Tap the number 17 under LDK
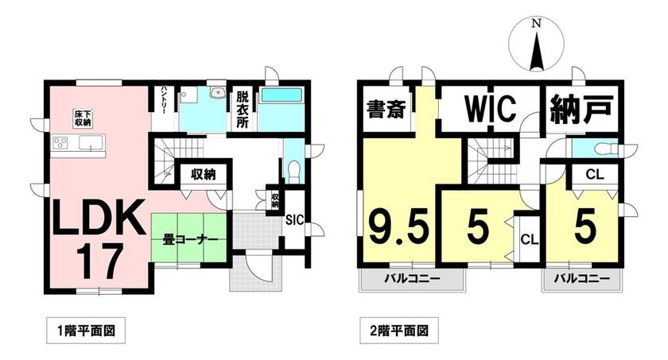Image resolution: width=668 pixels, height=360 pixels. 98,261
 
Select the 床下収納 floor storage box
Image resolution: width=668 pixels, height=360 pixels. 83,118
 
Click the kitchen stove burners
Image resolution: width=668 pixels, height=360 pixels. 60,142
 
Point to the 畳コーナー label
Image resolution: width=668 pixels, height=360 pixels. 190,239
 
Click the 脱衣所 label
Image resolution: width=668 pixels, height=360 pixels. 242,110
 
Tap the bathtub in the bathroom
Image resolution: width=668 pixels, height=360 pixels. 282,95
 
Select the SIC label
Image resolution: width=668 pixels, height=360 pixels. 294,220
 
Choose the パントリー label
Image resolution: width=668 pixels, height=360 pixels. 164,100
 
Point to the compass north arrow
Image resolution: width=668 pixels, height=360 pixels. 538,51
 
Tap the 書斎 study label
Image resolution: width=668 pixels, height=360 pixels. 386,110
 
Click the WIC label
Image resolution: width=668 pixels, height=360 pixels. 491,109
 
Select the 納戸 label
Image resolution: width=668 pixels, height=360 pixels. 581,109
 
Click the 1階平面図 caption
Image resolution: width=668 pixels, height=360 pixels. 86,331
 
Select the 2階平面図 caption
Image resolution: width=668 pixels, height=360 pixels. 399,331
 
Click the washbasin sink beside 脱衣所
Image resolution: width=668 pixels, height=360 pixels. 218,92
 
